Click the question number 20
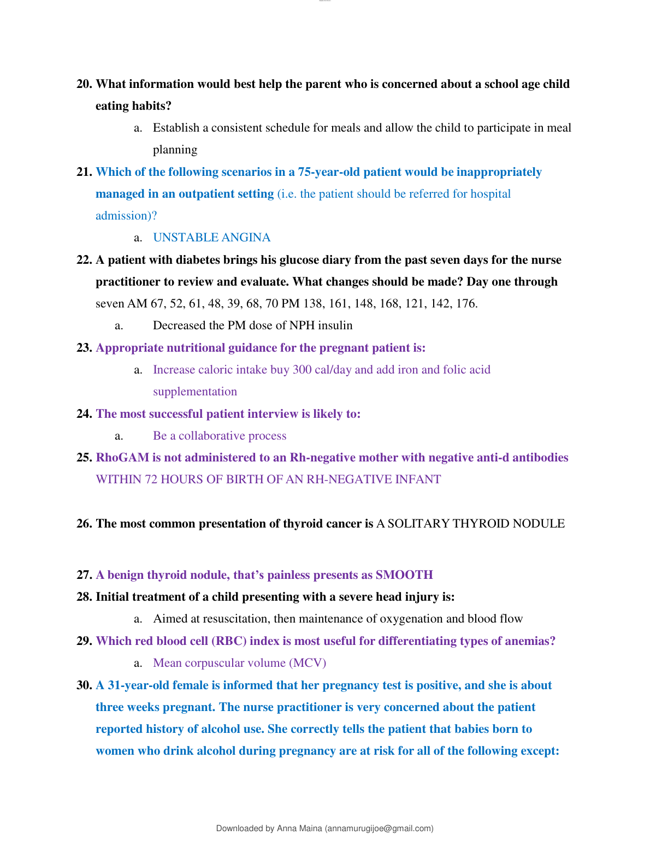(x=85, y=84)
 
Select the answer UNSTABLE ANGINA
(x=211, y=238)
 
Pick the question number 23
(x=85, y=348)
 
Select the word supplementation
(x=195, y=392)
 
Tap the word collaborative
(x=210, y=436)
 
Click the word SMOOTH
(x=404, y=575)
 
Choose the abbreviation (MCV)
(x=308, y=663)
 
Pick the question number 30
(x=85, y=685)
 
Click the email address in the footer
(x=380, y=828)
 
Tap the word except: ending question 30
(x=540, y=751)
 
